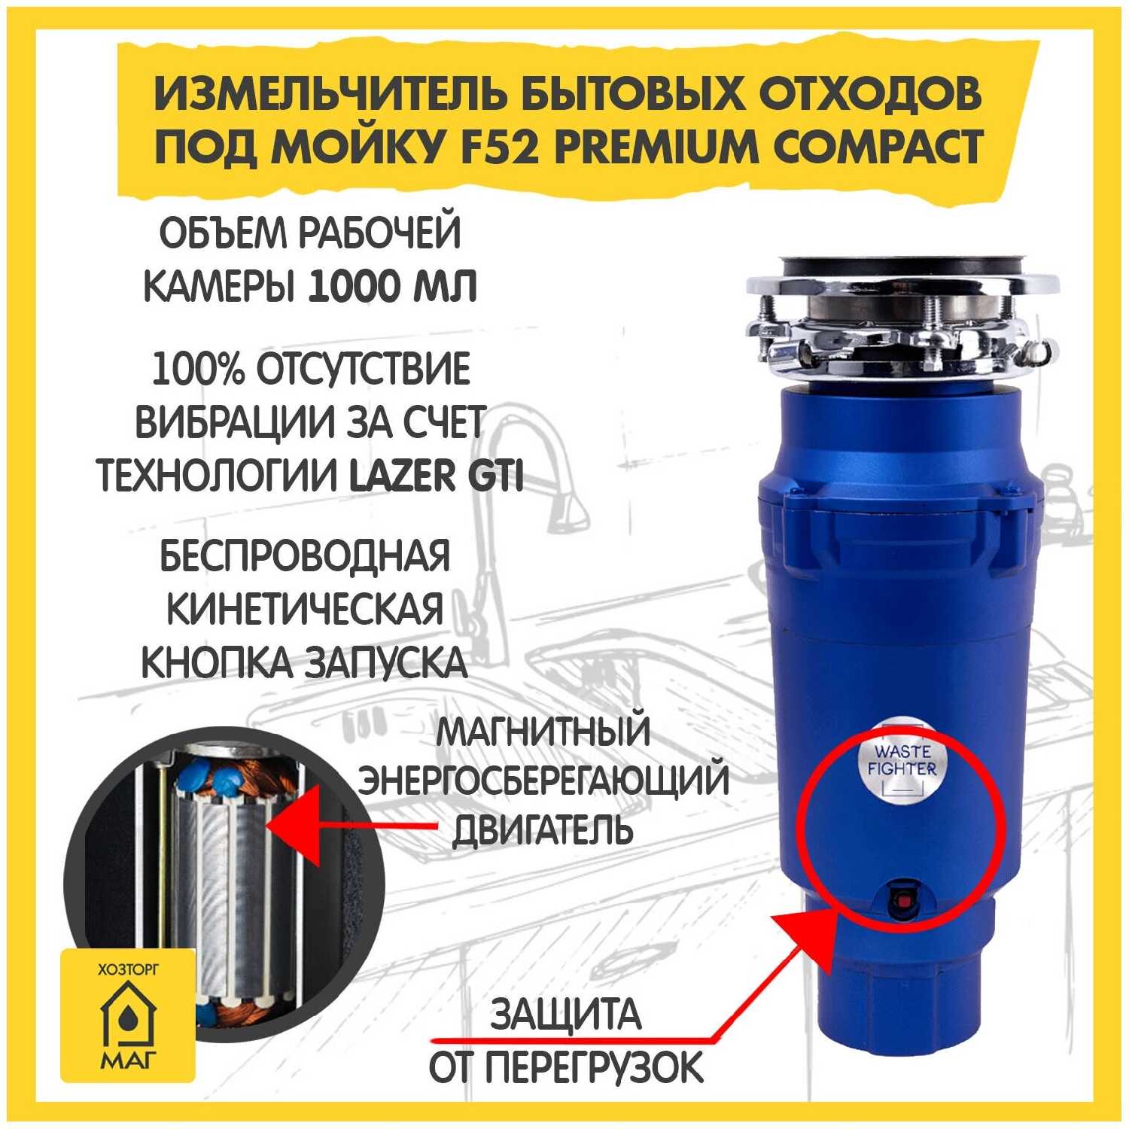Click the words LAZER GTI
[437, 476]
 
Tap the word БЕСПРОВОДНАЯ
[305, 556]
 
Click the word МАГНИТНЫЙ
[543, 732]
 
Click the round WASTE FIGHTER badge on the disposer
[902, 761]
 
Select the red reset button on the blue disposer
[901, 899]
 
